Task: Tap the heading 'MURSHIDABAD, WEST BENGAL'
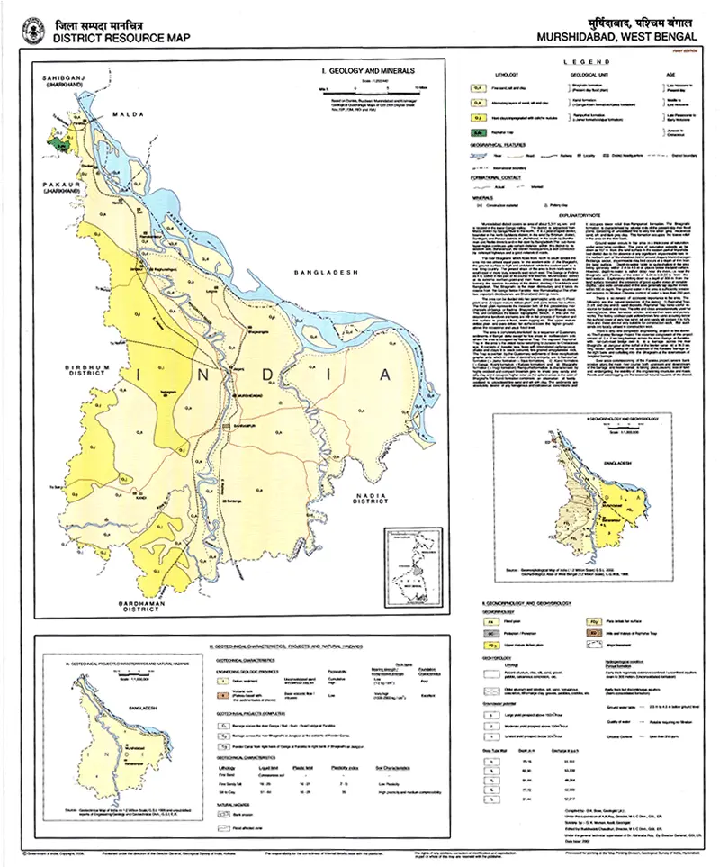point(616,38)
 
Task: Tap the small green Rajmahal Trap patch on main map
point(60,142)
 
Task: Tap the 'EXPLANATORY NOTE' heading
point(587,215)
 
